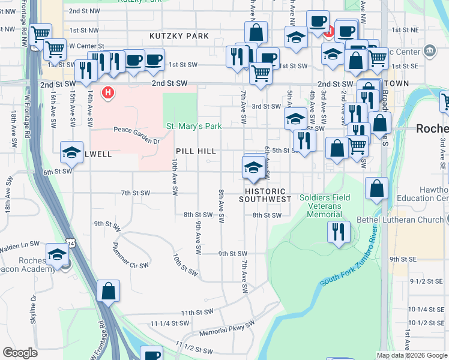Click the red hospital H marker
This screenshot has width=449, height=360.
[x=108, y=93]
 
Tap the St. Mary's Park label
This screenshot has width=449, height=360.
[x=194, y=126]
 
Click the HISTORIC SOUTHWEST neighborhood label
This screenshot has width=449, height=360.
[x=265, y=199]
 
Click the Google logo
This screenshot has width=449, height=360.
[x=20, y=353]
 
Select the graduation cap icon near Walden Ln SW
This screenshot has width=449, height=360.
[x=57, y=255]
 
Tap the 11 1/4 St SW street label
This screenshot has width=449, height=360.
[x=170, y=323]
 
